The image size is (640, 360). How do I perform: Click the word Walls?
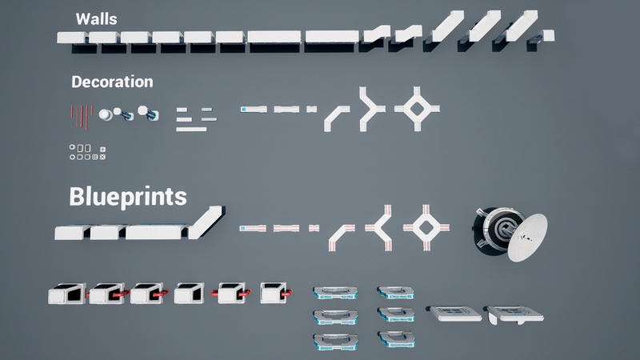(x=96, y=19)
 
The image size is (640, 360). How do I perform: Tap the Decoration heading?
(x=112, y=82)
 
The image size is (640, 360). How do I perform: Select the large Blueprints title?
(x=128, y=197)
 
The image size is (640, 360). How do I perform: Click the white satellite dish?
(x=527, y=237)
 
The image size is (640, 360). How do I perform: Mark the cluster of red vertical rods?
(x=82, y=117)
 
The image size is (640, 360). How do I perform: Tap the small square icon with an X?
(x=102, y=157)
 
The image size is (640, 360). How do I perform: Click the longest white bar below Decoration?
(x=191, y=130)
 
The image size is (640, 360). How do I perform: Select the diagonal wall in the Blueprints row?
(x=206, y=222)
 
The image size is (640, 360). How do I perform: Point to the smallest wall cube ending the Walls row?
(x=548, y=35)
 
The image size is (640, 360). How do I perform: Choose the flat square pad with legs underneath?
(x=515, y=314)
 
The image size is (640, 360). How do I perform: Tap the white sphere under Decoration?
(x=106, y=114)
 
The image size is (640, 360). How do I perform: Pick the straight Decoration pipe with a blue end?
(x=254, y=109)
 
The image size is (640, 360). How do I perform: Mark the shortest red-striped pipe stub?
(x=314, y=228)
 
